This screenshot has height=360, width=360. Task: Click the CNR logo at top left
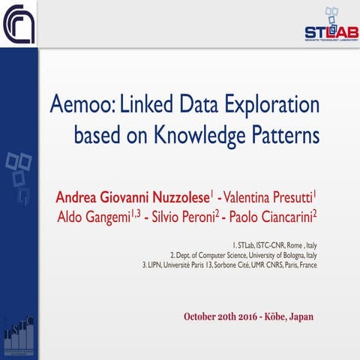coord(19,23)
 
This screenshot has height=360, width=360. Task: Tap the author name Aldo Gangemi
coord(93,217)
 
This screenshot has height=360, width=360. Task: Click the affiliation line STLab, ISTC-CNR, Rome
coord(274,244)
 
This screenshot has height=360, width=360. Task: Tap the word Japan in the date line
coord(299,316)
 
